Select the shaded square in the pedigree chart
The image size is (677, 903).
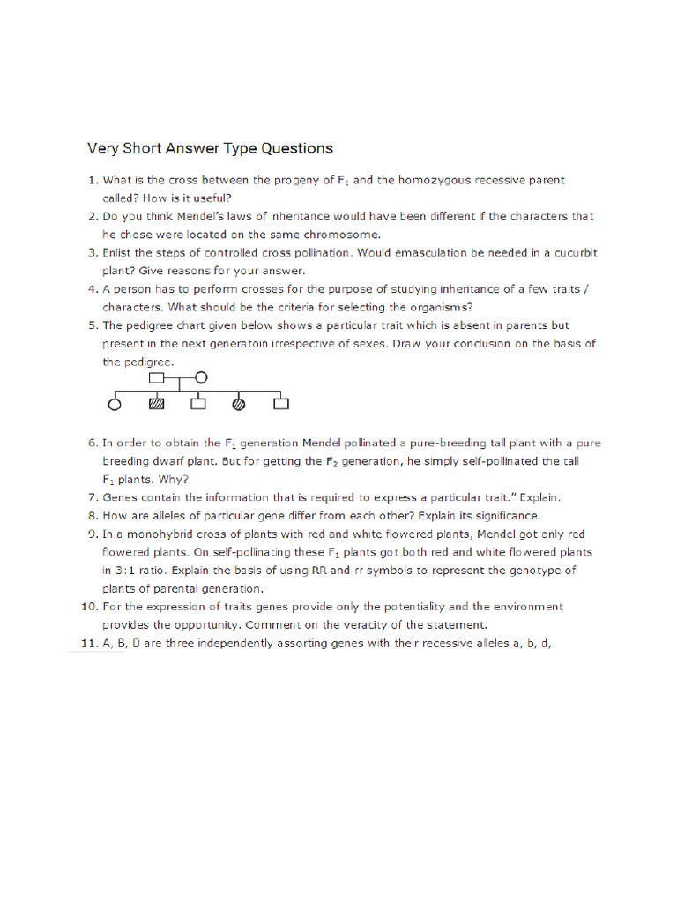click(156, 405)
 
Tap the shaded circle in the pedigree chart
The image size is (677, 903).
click(238, 405)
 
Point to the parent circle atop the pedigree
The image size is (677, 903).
click(201, 377)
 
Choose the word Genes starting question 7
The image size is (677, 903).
click(121, 497)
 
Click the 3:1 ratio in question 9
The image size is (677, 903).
click(123, 570)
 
